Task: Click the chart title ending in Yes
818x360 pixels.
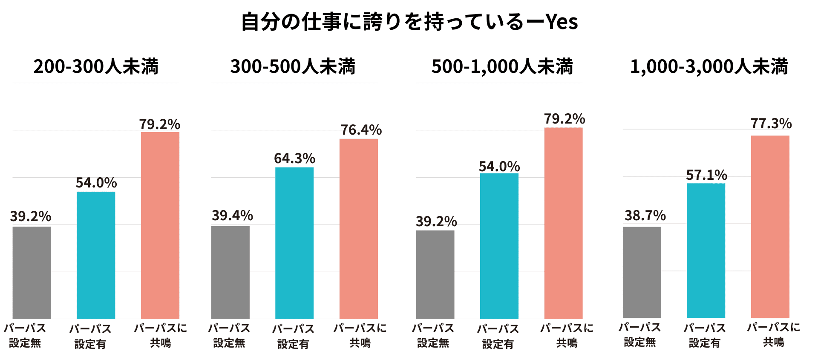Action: click(x=409, y=22)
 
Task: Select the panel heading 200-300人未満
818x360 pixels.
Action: click(x=96, y=66)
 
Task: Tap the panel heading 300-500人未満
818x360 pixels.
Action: click(x=293, y=66)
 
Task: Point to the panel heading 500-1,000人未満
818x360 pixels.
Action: click(x=502, y=66)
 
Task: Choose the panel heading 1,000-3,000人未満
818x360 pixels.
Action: click(x=709, y=66)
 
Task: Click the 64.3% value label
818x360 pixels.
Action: click(x=294, y=158)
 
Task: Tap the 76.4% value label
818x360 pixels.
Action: click(x=361, y=130)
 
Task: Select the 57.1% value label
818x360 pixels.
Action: click(x=706, y=175)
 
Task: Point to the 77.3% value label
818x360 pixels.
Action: click(x=771, y=124)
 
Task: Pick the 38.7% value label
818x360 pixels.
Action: click(x=645, y=216)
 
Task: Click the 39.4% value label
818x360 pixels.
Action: click(x=232, y=216)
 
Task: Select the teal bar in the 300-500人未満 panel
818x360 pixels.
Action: click(x=294, y=243)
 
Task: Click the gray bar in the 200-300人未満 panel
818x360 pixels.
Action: click(x=32, y=273)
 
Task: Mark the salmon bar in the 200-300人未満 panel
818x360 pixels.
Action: click(x=160, y=225)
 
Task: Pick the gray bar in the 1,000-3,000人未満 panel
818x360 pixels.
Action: click(x=642, y=272)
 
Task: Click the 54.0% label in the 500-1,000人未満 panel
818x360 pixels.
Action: click(x=499, y=167)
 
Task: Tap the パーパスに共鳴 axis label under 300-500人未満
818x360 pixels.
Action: click(x=360, y=335)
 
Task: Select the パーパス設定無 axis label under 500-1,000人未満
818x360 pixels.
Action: click(x=433, y=335)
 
